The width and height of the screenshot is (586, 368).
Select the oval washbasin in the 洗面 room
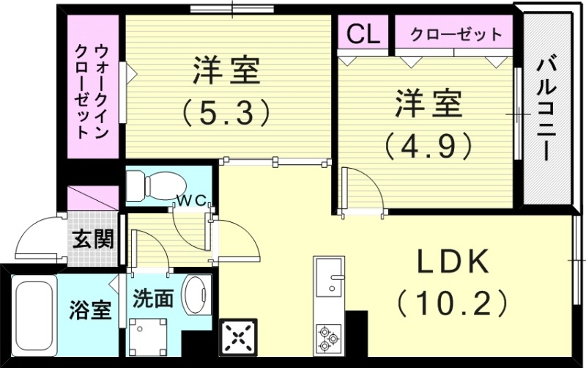[196, 295]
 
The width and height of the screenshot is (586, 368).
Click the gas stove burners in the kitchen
[328, 339]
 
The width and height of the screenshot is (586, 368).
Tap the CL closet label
[363, 33]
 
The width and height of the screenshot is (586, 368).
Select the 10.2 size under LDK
[452, 301]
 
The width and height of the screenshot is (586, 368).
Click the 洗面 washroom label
[154, 298]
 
